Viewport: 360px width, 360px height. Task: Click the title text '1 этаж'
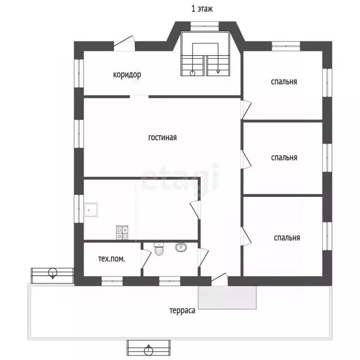pos(202,9)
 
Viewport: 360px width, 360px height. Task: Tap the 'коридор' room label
pos(127,75)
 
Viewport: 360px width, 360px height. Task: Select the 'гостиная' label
pos(163,137)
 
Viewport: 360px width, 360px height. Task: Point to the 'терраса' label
pos(182,311)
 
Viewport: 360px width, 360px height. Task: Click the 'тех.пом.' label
pos(112,259)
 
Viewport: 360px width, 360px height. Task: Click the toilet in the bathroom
pos(159,249)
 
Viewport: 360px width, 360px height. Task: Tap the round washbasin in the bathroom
pos(181,247)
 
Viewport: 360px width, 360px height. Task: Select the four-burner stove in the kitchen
pos(122,232)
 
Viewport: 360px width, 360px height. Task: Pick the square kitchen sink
pos(90,210)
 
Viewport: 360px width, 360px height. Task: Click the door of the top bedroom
pos(246,109)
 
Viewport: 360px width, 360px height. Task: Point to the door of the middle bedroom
pos(246,160)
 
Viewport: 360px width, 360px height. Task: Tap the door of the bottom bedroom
pos(246,236)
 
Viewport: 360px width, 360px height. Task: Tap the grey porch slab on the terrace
pos(227,297)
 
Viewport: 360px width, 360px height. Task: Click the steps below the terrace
pos(149,348)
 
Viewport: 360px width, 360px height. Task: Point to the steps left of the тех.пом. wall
pos(52,276)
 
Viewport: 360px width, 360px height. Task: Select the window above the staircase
pos(204,26)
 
